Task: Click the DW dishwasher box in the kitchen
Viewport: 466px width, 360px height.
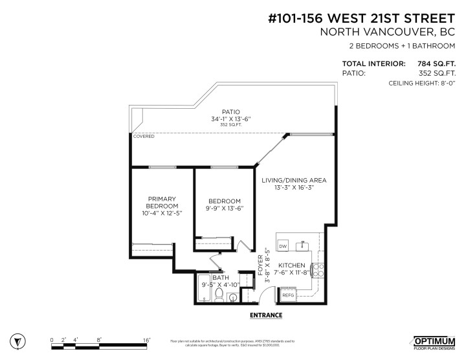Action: [x=283, y=247]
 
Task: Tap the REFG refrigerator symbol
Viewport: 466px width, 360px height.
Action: [x=288, y=295]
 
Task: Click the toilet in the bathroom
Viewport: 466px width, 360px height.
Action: [x=219, y=297]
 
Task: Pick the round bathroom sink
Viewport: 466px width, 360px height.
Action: [x=232, y=298]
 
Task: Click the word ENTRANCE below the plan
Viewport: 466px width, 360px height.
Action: [x=267, y=315]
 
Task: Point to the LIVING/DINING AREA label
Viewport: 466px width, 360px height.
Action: [x=293, y=180]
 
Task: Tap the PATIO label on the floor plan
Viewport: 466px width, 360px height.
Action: [x=231, y=111]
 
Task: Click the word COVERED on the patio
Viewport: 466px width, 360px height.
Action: [x=143, y=137]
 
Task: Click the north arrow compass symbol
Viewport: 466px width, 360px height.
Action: [x=22, y=341]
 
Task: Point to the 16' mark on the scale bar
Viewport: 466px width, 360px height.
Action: [x=147, y=339]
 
